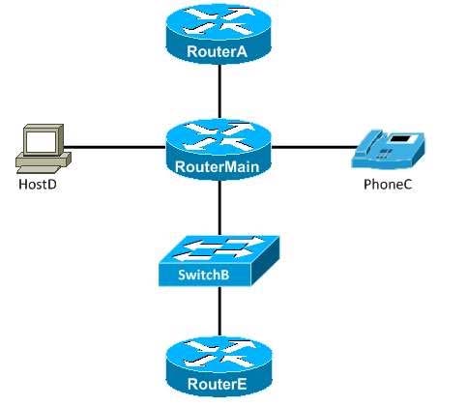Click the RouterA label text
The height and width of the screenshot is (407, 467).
pos(217,51)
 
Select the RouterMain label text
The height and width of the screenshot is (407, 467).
pos(217,167)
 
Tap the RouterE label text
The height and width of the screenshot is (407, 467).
pos(217,384)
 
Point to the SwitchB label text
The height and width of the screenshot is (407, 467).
pos(204,275)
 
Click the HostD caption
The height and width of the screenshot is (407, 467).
pos(38,185)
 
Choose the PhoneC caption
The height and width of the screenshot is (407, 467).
pos(388,185)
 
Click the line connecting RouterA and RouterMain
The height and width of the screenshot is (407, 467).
pos(219,91)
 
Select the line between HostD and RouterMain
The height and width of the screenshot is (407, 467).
pos(115,148)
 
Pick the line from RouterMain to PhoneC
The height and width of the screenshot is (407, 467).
pos(313,147)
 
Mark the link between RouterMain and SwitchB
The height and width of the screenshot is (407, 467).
pos(219,208)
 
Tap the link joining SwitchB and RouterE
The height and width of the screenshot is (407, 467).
pos(219,311)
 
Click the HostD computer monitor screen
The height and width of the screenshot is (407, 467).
pos(42,142)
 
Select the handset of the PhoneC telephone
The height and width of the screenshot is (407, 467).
pos(369,142)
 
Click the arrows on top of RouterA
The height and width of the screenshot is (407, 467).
pos(219,21)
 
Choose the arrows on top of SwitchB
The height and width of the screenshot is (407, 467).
pos(219,247)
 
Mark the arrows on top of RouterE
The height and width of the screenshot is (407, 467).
pos(219,354)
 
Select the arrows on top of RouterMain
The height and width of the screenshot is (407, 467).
pos(219,137)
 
